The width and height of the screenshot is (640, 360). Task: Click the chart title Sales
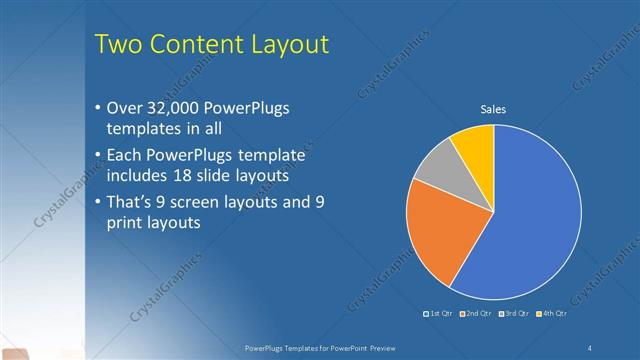pos(493,110)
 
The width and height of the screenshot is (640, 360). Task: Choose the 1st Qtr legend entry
pos(442,315)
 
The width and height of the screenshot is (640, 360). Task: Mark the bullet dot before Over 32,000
pos(96,107)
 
